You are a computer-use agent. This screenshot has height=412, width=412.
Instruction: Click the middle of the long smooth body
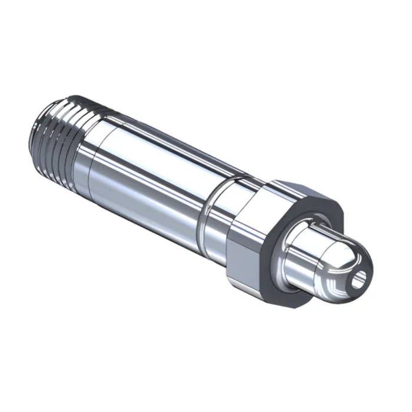click(153, 177)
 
